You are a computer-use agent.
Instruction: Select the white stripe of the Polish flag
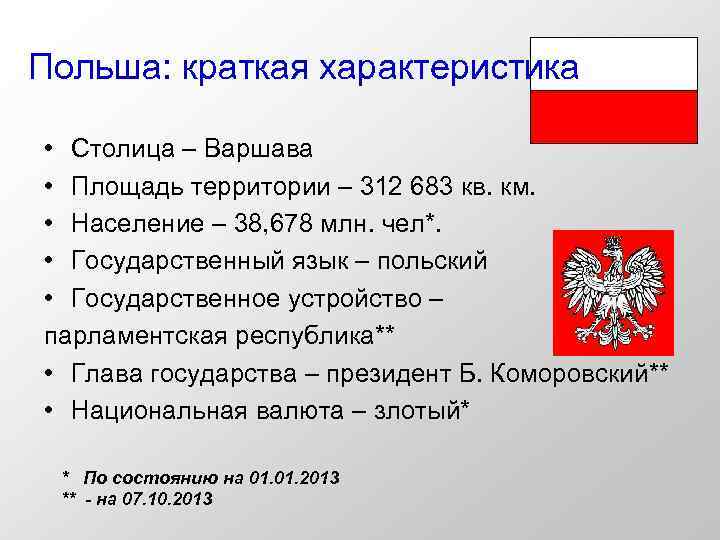pyautogui.click(x=613, y=63)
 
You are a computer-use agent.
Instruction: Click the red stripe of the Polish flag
pyautogui.click(x=613, y=114)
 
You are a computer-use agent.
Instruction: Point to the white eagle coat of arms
pyautogui.click(x=613, y=292)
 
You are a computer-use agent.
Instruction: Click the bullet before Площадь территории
pyautogui.click(x=49, y=187)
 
